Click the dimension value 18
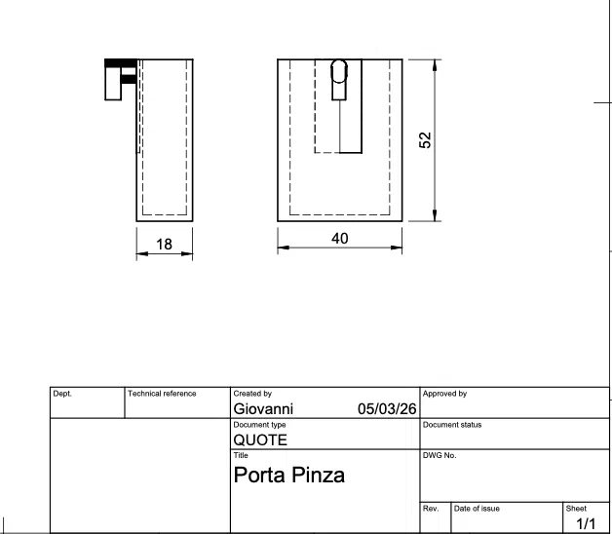coord(164,245)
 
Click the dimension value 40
coord(340,238)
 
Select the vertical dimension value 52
coord(425,139)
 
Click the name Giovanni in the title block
coord(263,409)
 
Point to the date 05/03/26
coord(387,409)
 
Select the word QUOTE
coord(260,439)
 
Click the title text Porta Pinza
coord(289,477)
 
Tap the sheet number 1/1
coord(585,524)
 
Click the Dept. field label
coord(62,394)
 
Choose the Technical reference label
coord(163,394)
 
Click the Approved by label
coord(444,394)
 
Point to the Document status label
coord(452,425)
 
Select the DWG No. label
coord(440,455)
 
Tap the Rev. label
coord(431,509)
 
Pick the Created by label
coord(252,394)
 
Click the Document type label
coord(259,425)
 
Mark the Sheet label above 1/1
coord(576,509)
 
